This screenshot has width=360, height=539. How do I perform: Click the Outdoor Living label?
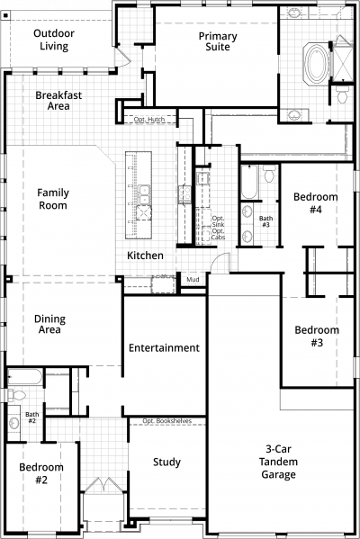54,40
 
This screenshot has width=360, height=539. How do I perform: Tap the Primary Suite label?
218,41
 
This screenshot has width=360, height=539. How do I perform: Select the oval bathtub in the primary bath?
316,64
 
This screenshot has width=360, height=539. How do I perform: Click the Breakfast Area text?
58,101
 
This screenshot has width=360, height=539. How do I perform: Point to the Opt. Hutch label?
149,120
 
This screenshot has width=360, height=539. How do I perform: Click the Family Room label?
53,199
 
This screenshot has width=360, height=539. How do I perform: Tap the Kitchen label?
145,256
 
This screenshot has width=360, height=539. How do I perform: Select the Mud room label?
193,280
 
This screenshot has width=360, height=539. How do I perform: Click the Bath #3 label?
265,221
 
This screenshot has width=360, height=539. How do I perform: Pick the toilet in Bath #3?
269,175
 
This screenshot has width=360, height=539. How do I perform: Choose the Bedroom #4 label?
315,202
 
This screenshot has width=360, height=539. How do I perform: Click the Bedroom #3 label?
317,336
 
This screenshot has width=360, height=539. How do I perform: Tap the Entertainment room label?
164,348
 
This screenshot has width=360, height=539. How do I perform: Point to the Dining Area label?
49,324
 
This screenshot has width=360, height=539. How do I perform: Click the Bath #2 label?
32,418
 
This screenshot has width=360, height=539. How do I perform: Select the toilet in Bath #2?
16,395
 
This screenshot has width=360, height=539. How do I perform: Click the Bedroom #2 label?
41,473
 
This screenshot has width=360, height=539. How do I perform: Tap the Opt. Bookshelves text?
167,421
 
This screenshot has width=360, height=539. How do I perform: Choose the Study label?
166,462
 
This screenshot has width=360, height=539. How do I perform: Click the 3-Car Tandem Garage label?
278,462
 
